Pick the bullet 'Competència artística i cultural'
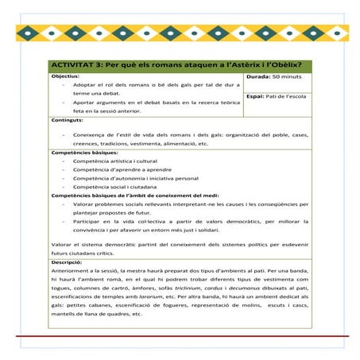point(115,161)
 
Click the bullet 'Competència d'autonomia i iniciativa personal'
point(130,178)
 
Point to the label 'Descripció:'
point(67,261)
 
